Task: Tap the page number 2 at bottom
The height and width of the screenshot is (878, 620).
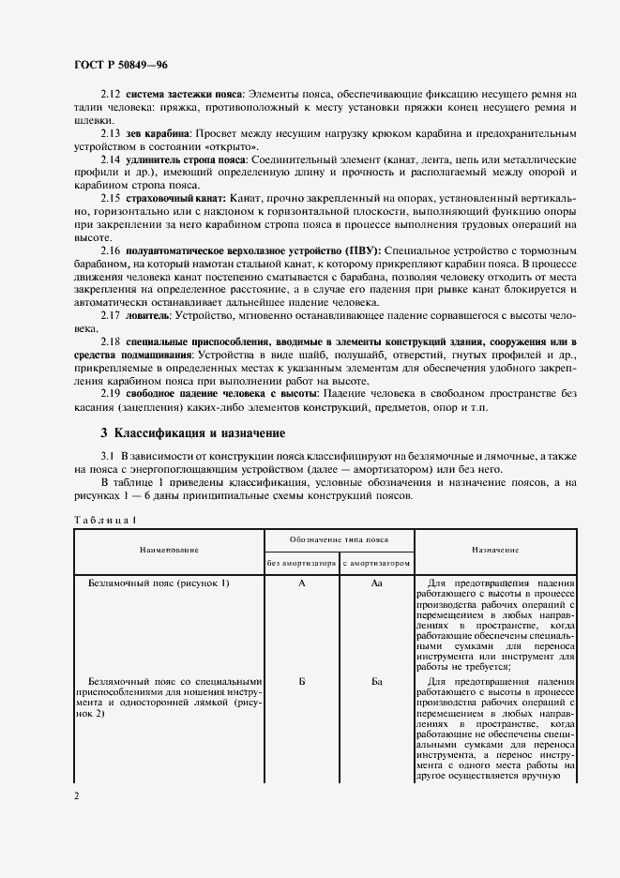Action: tap(77, 795)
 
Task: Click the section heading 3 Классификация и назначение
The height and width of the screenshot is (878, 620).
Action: tap(187, 433)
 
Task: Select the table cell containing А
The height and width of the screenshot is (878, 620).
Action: tap(301, 583)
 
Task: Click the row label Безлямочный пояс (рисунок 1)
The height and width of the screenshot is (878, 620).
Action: tap(159, 583)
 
